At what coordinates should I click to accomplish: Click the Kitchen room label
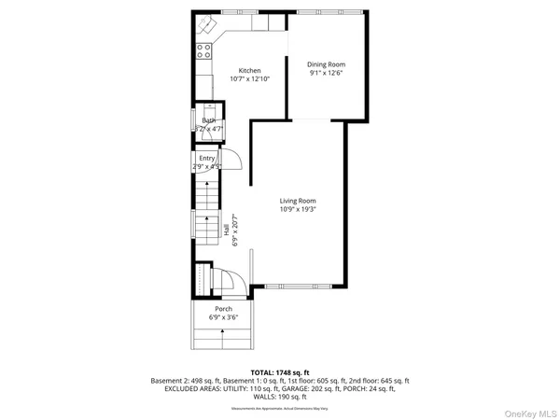point(249,71)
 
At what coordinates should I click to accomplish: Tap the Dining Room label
point(320,64)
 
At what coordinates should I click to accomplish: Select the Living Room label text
point(298,201)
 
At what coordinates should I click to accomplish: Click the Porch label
point(223,309)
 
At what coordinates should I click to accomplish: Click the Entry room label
point(206,159)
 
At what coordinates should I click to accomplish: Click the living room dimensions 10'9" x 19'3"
point(298,210)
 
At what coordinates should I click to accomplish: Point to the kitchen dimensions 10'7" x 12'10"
point(249,80)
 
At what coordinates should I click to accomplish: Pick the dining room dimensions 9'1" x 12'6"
point(320,73)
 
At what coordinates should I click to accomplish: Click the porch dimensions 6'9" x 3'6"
point(223,317)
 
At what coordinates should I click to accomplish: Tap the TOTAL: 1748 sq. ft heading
point(279,371)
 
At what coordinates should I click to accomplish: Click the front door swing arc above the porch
point(237,278)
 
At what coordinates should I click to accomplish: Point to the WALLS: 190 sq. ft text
point(279,398)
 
